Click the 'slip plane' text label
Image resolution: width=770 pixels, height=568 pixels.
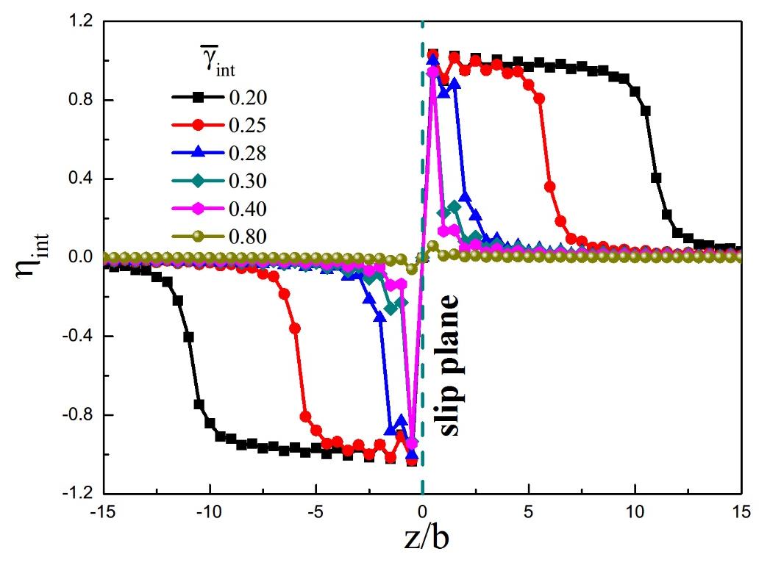pos(451,367)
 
